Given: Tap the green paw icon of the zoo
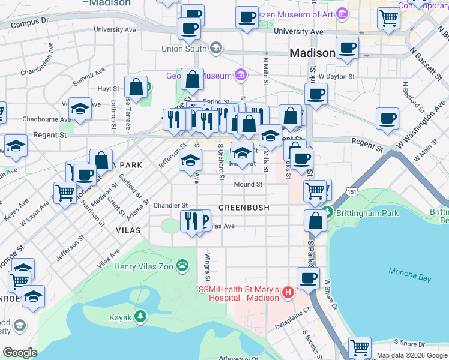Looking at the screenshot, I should [x=182, y=265].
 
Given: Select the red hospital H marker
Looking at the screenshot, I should [x=288, y=293].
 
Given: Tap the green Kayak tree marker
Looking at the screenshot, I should [x=140, y=316].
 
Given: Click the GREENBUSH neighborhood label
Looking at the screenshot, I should [x=243, y=208].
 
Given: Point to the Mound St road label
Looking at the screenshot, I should [x=248, y=185].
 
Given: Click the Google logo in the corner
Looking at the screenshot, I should [x=20, y=353].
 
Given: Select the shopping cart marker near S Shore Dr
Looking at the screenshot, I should [x=360, y=347].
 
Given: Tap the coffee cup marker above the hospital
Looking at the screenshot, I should [x=309, y=278].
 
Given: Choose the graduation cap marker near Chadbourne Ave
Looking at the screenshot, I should [x=80, y=109].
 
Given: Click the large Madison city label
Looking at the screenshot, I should [x=312, y=53].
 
